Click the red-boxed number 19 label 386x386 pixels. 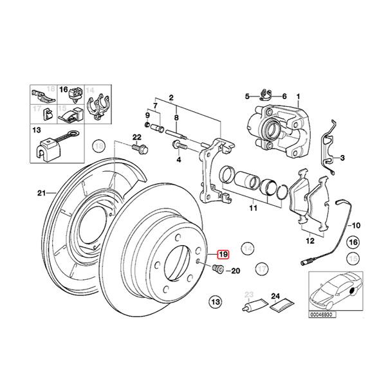pyautogui.click(x=223, y=254)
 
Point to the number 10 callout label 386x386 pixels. pyautogui.click(x=357, y=225)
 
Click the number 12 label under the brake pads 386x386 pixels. pyautogui.click(x=311, y=241)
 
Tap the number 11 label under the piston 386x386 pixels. pyautogui.click(x=253, y=208)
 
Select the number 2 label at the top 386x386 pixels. pyautogui.click(x=171, y=97)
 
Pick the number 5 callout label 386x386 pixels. pyautogui.click(x=246, y=96)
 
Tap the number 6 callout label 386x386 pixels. pyautogui.click(x=284, y=96)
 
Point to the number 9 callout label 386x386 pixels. pyautogui.click(x=147, y=114)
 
